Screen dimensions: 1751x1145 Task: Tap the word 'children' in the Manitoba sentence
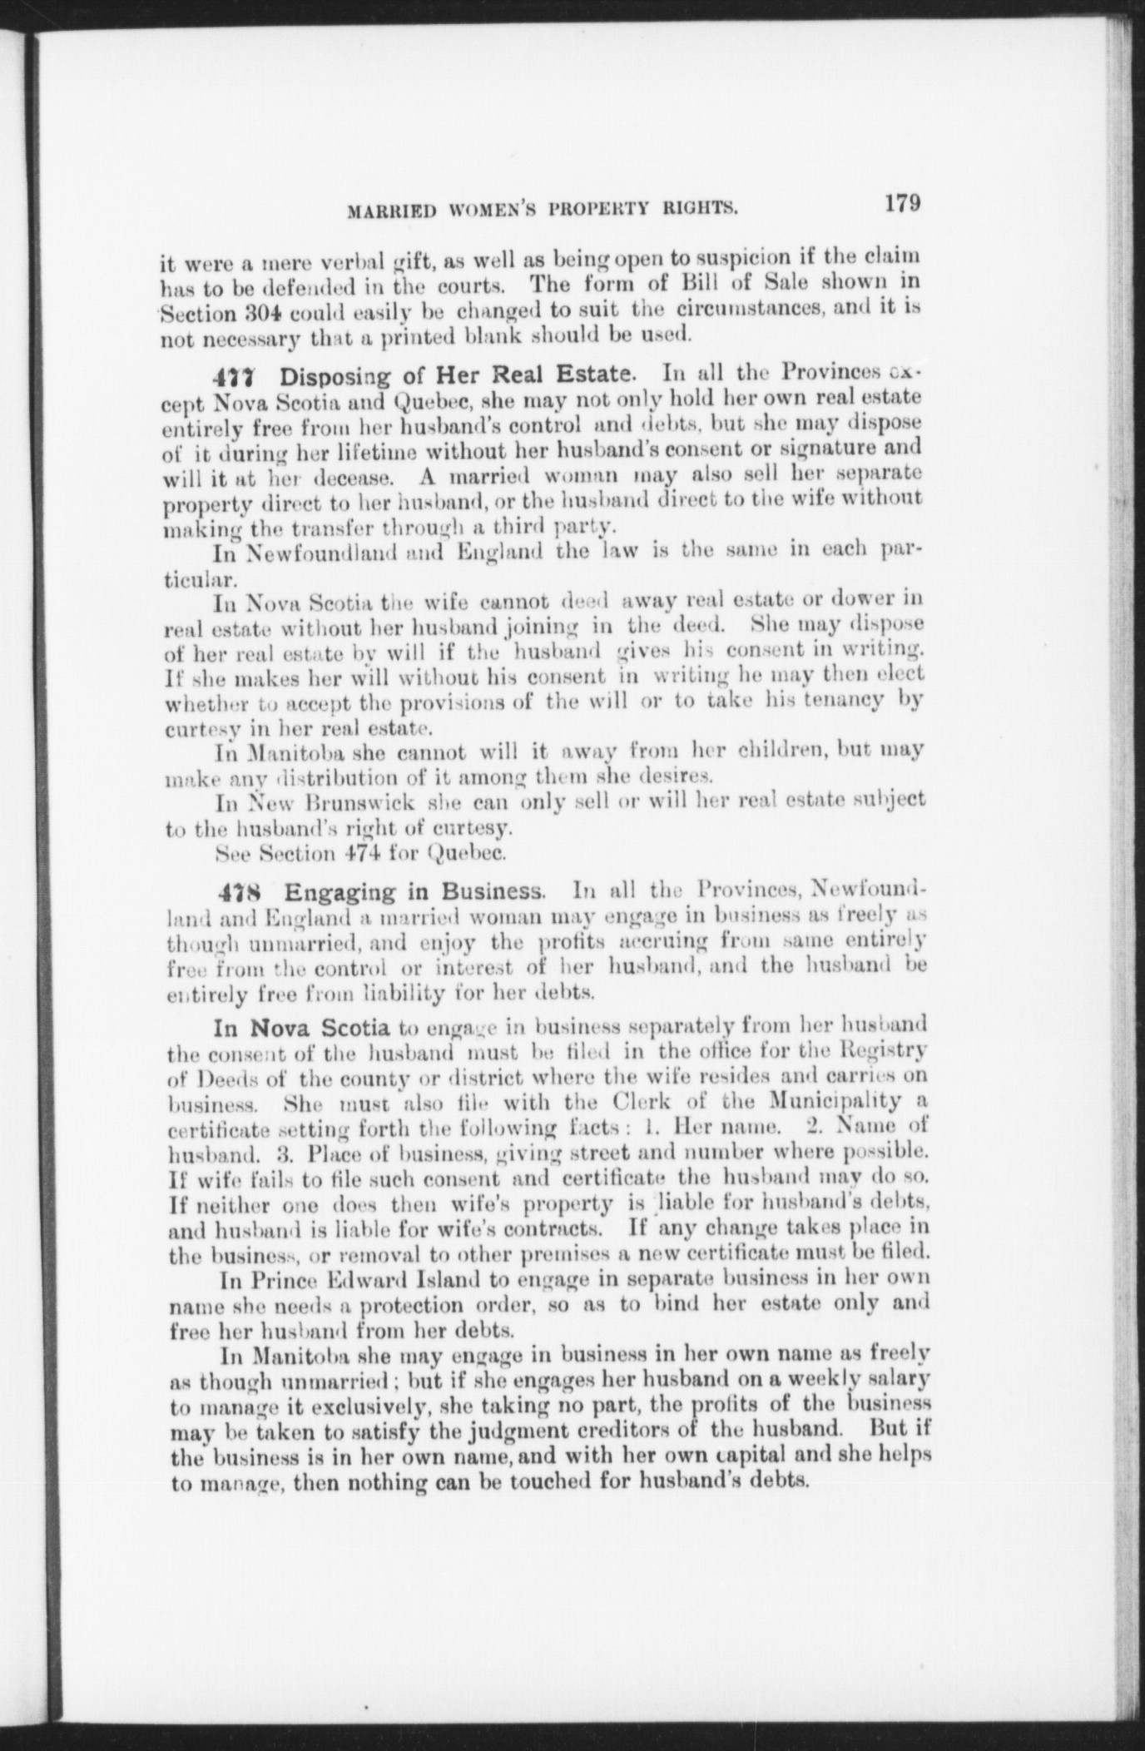[780, 752]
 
